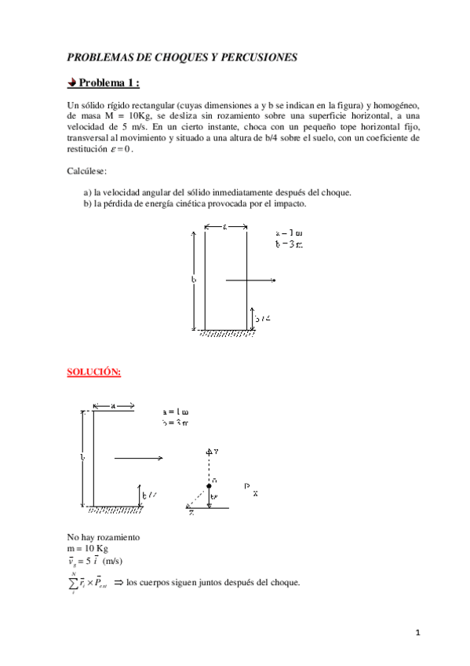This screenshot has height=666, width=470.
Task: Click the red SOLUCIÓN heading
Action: coord(94,371)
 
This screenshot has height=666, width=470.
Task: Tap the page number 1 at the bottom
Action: coord(419,632)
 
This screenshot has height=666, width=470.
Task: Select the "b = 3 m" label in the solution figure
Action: coord(176,423)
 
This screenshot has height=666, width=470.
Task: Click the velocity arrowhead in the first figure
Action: coord(273,280)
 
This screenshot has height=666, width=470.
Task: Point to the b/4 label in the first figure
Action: coord(263,318)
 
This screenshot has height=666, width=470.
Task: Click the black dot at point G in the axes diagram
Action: coord(209,487)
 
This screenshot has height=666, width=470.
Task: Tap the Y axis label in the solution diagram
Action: coord(213,452)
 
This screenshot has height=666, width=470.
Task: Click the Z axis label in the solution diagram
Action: coord(191,514)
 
